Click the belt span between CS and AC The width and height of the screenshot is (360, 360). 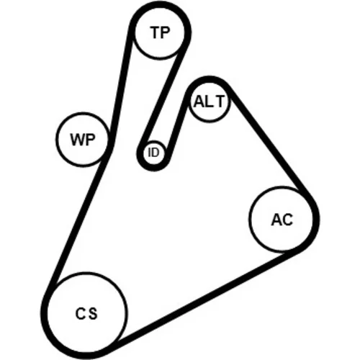pos(204,297)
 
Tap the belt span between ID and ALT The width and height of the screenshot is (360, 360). pos(179,125)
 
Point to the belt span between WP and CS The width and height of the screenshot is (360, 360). pos(78,222)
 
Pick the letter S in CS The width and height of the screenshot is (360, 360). pos(92,313)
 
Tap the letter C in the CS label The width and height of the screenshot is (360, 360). pos(81,313)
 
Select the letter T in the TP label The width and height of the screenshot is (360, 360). pos(155,32)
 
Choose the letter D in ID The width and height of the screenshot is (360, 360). pos(156,152)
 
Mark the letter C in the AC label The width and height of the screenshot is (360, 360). pos(287,220)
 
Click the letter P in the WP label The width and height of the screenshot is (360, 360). pos(91,140)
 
